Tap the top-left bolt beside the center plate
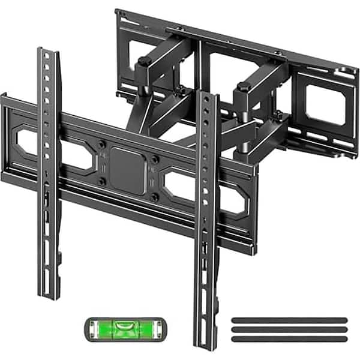(x=103, y=144)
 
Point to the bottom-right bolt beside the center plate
(x=154, y=196)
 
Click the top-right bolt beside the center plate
(x=155, y=159)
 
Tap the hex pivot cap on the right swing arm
(x=244, y=87)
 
